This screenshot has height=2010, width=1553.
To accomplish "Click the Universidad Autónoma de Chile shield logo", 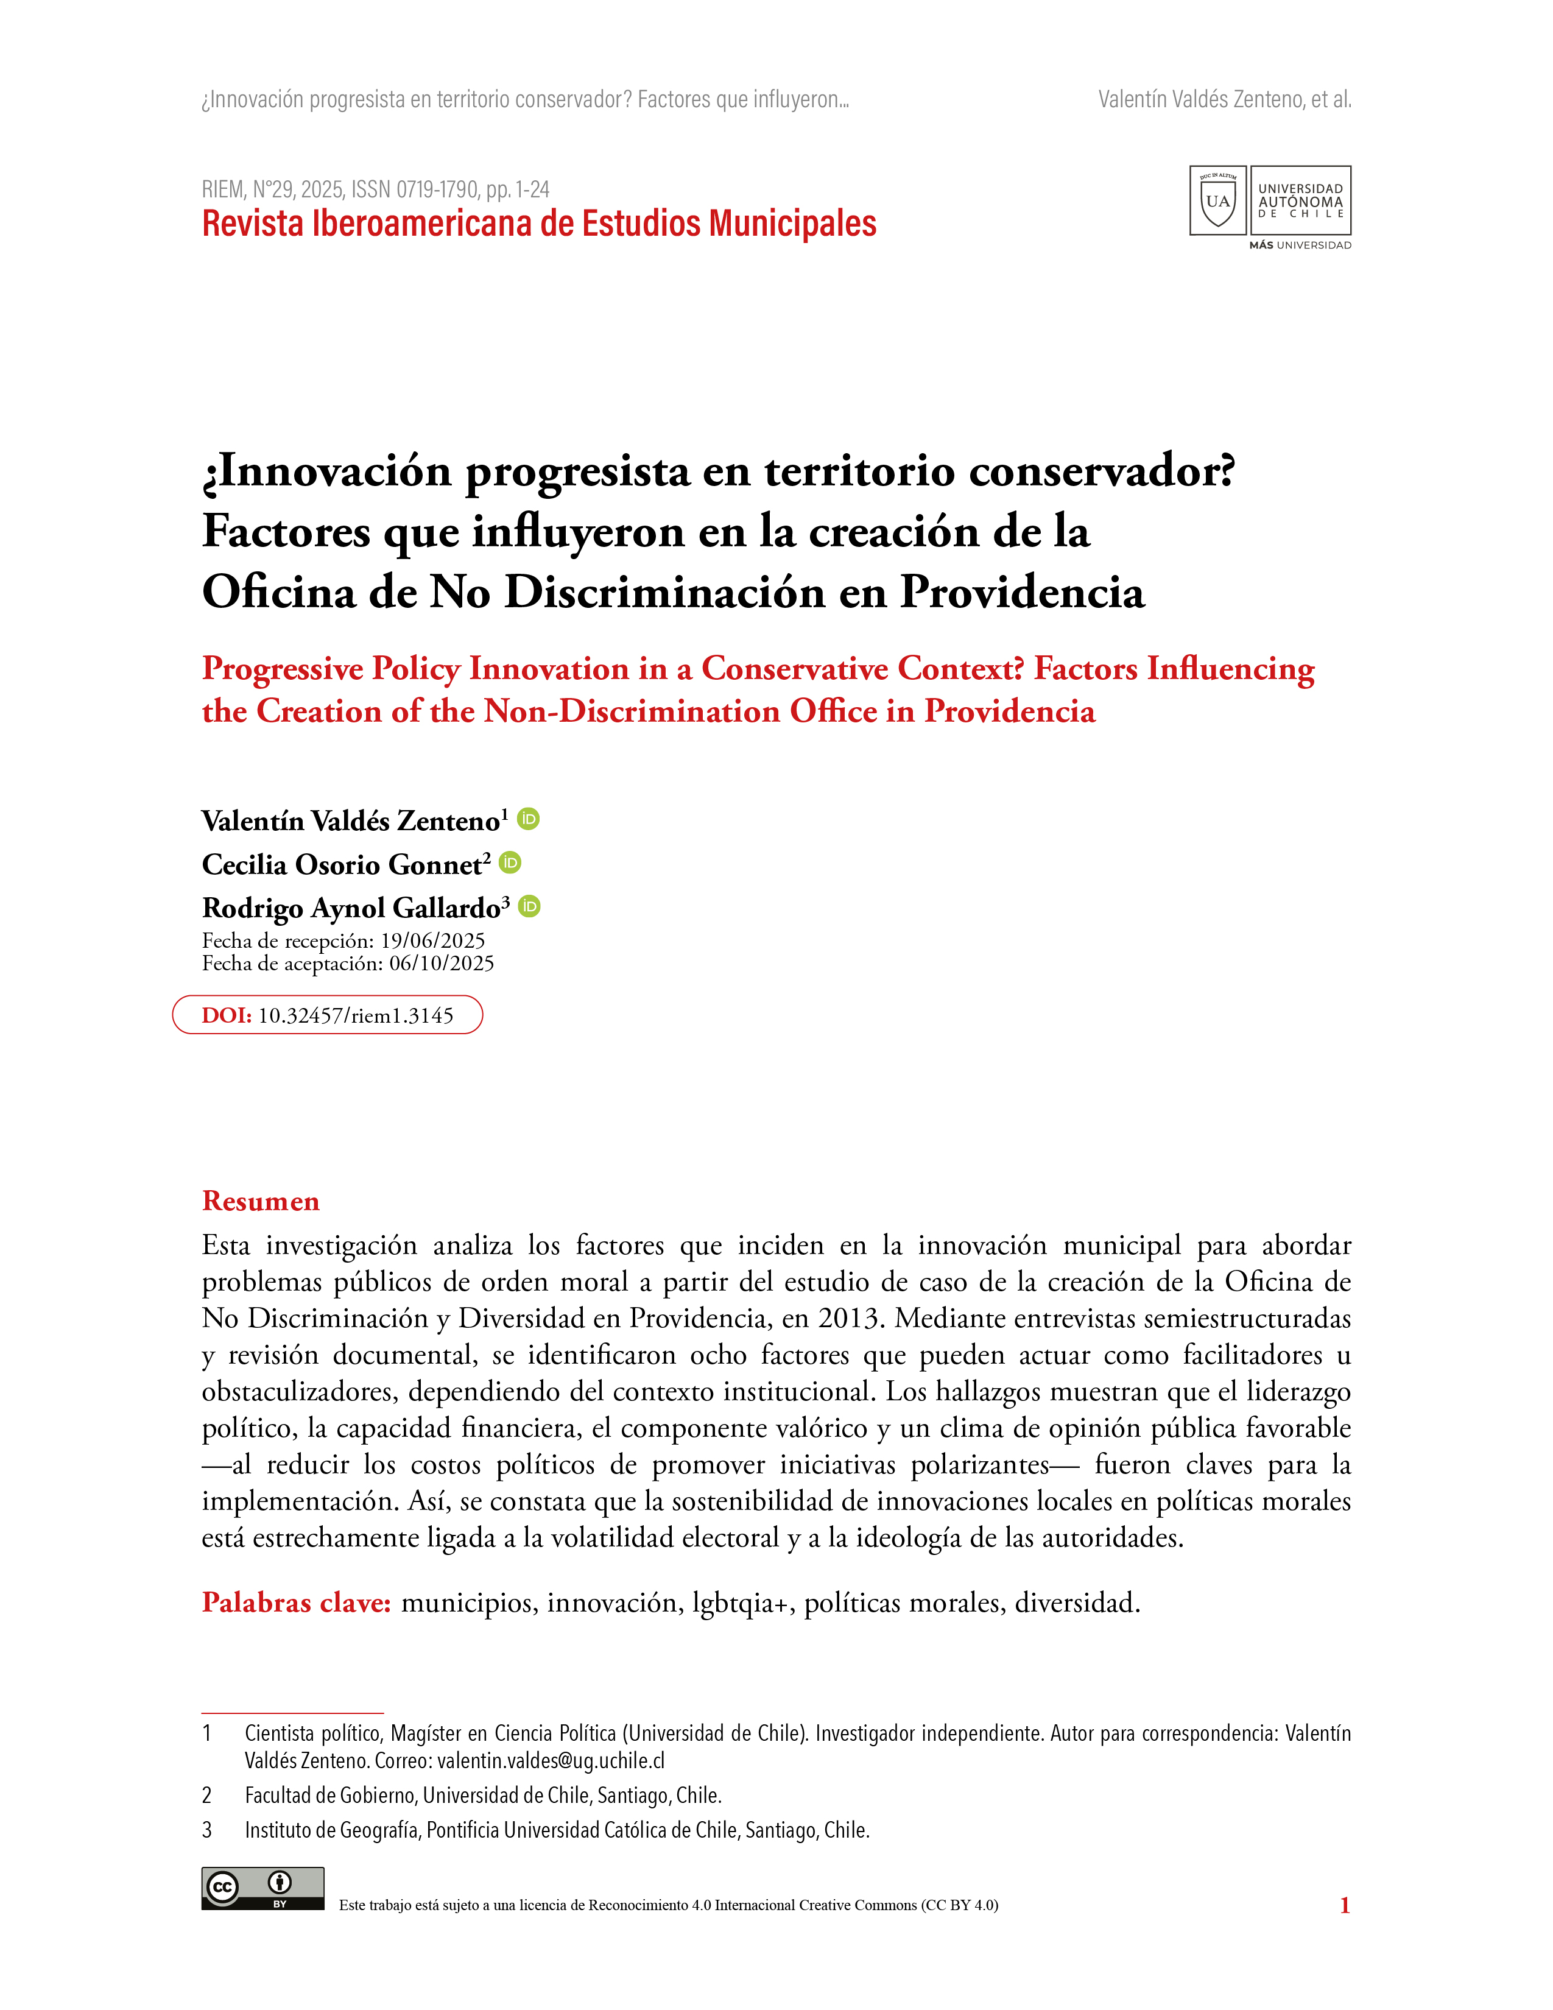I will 1217,200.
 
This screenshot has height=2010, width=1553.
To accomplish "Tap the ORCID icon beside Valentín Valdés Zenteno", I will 528,818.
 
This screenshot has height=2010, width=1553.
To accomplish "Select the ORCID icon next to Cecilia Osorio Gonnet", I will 510,862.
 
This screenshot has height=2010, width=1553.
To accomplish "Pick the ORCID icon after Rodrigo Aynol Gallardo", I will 529,906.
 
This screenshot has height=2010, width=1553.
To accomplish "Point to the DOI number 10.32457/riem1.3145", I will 356,1015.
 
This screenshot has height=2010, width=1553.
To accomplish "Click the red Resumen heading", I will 261,1201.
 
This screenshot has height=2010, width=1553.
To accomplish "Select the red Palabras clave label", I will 296,1603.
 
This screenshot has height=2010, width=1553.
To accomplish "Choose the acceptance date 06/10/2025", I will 442,964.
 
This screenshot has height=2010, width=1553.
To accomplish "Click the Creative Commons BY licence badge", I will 262,1889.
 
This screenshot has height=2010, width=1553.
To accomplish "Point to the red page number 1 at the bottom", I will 1344,1905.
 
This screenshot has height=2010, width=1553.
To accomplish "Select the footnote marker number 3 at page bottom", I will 207,1830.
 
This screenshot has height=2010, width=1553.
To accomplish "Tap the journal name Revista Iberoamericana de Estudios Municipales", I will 538,224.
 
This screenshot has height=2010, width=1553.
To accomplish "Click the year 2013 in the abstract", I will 850,1318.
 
